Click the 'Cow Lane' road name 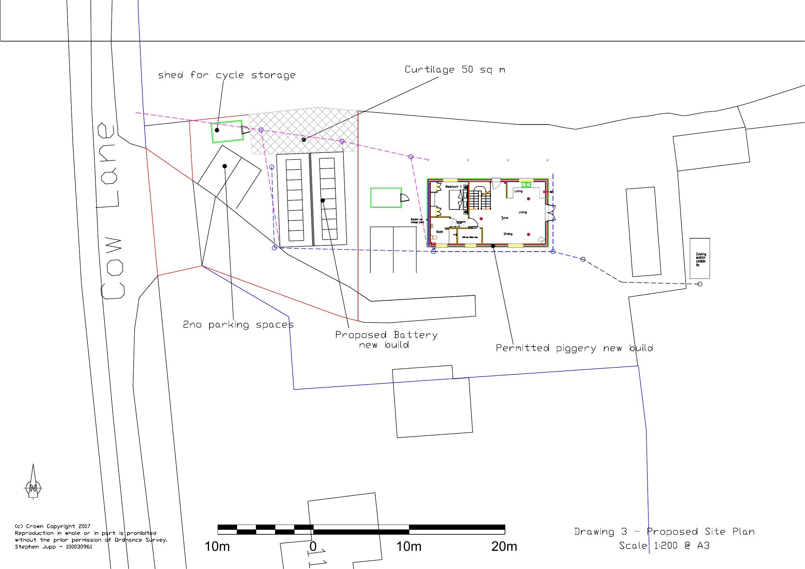tap(112, 210)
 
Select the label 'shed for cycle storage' tap(226, 75)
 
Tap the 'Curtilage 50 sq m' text tap(455, 69)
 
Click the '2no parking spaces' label tap(238, 324)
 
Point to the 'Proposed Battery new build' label tap(386, 339)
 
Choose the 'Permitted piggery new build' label tap(574, 348)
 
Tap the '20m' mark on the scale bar tap(504, 546)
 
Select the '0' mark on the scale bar tap(313, 546)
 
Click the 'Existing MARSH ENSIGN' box tap(700, 259)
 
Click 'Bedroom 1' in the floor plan tap(453, 187)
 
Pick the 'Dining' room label tap(508, 234)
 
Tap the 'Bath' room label tap(439, 232)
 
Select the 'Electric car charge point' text tap(417, 221)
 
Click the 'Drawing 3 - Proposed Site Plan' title tap(664, 531)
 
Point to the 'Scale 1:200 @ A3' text tap(664, 546)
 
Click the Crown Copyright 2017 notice tap(53, 526)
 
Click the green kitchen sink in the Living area tap(526, 185)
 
